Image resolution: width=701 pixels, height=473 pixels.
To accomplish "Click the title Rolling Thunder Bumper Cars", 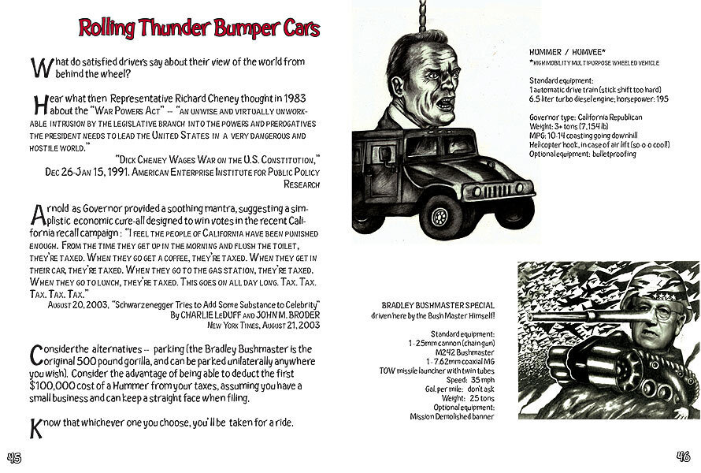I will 199,28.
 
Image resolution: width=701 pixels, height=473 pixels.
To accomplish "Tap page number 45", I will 15,456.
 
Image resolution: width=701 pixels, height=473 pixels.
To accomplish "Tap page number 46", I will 682,456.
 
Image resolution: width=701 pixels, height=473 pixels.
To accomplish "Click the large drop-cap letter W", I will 37,67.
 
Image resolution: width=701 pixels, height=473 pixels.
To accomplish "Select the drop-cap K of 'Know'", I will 35,428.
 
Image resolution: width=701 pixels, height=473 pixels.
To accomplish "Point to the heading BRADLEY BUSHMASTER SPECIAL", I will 437,305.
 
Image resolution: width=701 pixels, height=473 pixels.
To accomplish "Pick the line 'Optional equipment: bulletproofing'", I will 582,154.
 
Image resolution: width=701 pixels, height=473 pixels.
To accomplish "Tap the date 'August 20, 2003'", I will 77,304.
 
